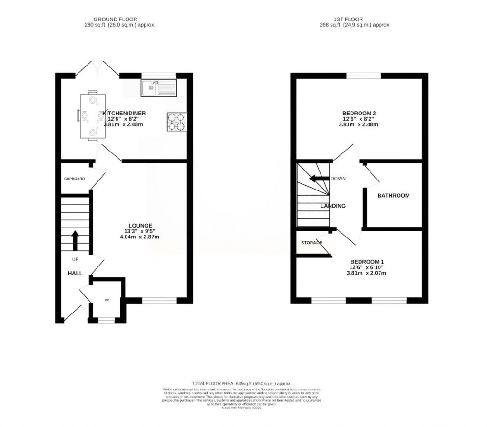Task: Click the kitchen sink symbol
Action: (159, 87)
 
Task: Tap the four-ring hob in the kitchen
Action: (176, 121)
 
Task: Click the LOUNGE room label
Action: (140, 226)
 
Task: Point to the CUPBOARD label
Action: (75, 179)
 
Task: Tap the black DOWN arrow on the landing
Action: (319, 179)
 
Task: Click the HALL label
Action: (75, 274)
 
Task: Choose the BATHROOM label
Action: (393, 195)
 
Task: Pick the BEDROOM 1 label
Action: (367, 262)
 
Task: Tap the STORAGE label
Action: (312, 243)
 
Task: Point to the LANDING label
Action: (333, 206)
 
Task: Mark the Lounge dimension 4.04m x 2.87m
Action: (140, 237)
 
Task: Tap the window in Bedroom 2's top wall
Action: (363, 76)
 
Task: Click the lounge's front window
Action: (159, 300)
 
